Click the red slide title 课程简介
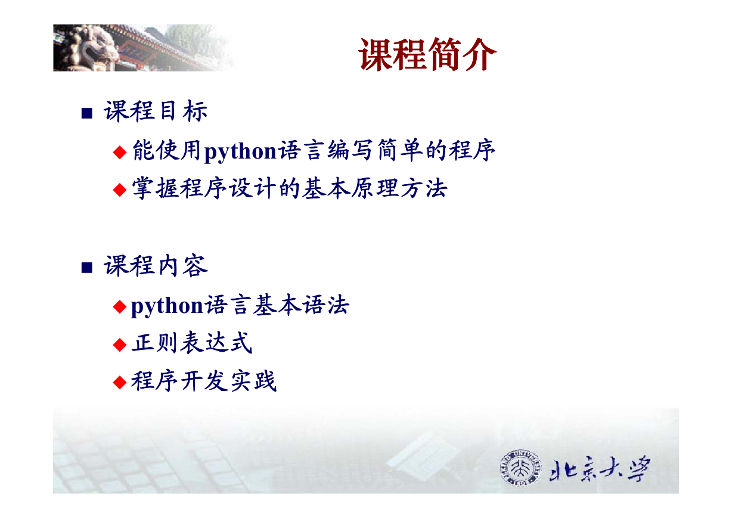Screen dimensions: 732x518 427,54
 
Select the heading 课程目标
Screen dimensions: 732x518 156,111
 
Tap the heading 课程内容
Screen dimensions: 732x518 156,266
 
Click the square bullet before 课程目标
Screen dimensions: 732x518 86,113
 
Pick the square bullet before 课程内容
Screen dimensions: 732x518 86,268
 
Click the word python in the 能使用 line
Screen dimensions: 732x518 240,152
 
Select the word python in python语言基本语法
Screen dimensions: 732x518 167,306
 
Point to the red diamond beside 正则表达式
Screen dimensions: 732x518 120,345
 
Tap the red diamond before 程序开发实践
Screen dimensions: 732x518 120,382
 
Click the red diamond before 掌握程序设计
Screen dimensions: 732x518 120,190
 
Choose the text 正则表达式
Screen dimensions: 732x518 192,343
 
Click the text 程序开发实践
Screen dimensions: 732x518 204,381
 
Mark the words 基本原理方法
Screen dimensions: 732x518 374,188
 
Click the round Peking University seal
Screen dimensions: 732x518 520,468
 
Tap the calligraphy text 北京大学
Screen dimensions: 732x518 600,469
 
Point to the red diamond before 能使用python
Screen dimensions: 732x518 120,152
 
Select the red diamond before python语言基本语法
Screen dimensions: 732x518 120,306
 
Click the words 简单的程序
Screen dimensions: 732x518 436,150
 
